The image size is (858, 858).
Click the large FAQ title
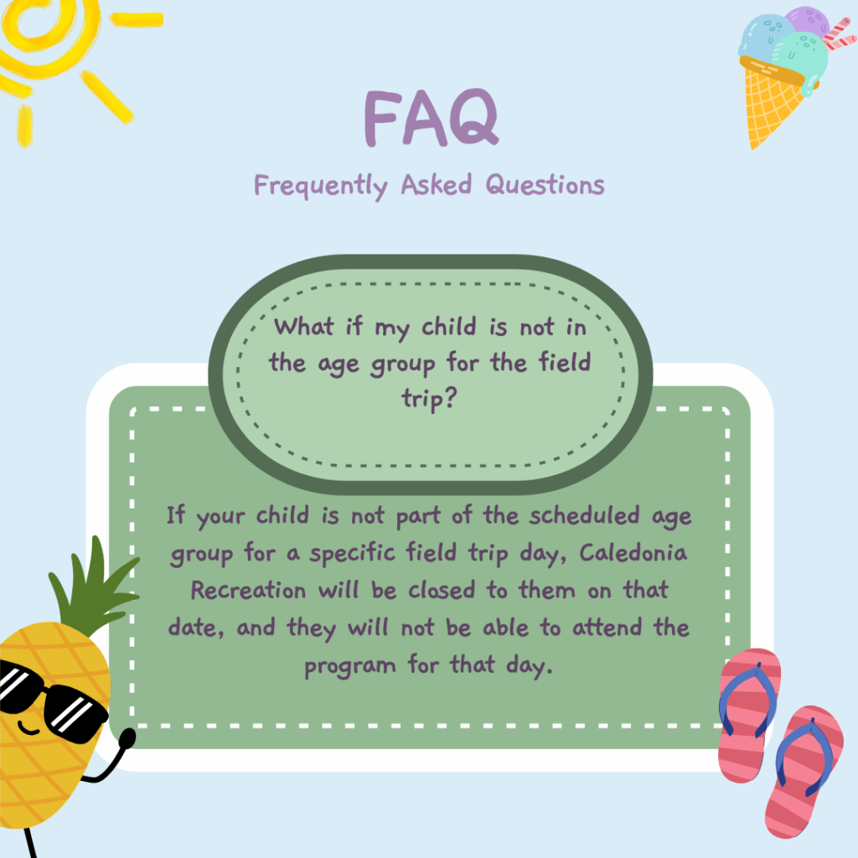[432, 117]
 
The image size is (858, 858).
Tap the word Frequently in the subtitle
[321, 186]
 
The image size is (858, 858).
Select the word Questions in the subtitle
[545, 184]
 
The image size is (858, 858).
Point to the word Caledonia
[633, 552]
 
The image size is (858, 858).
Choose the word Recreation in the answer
[248, 590]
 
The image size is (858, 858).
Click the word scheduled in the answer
[584, 515]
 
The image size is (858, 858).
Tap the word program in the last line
[349, 667]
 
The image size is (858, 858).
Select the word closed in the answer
[442, 590]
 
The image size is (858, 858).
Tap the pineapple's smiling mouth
[28, 728]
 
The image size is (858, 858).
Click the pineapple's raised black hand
[127, 737]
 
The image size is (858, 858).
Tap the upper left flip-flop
[749, 715]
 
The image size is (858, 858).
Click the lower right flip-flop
[804, 772]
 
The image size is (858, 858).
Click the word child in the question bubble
[449, 327]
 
